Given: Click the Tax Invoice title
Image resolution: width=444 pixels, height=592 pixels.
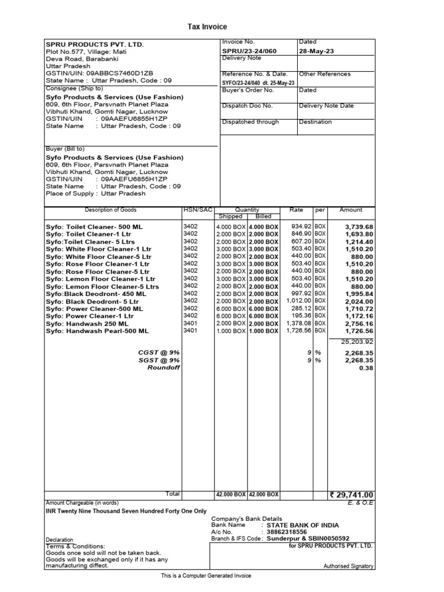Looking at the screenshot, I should [x=207, y=27].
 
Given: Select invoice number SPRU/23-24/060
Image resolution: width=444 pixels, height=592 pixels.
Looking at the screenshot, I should [x=249, y=51].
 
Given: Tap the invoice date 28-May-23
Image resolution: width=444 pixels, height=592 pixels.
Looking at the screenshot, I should [x=317, y=51].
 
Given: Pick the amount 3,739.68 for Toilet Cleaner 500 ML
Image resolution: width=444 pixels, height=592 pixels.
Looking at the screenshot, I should [x=358, y=227].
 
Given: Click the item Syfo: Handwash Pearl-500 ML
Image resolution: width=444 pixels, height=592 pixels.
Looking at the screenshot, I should [x=97, y=331].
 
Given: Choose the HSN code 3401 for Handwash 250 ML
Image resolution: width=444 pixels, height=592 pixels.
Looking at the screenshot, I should [x=190, y=324].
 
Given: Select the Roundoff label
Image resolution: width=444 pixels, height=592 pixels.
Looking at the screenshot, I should [x=164, y=368].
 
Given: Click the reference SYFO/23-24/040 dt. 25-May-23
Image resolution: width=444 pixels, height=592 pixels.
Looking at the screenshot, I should [x=258, y=83].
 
